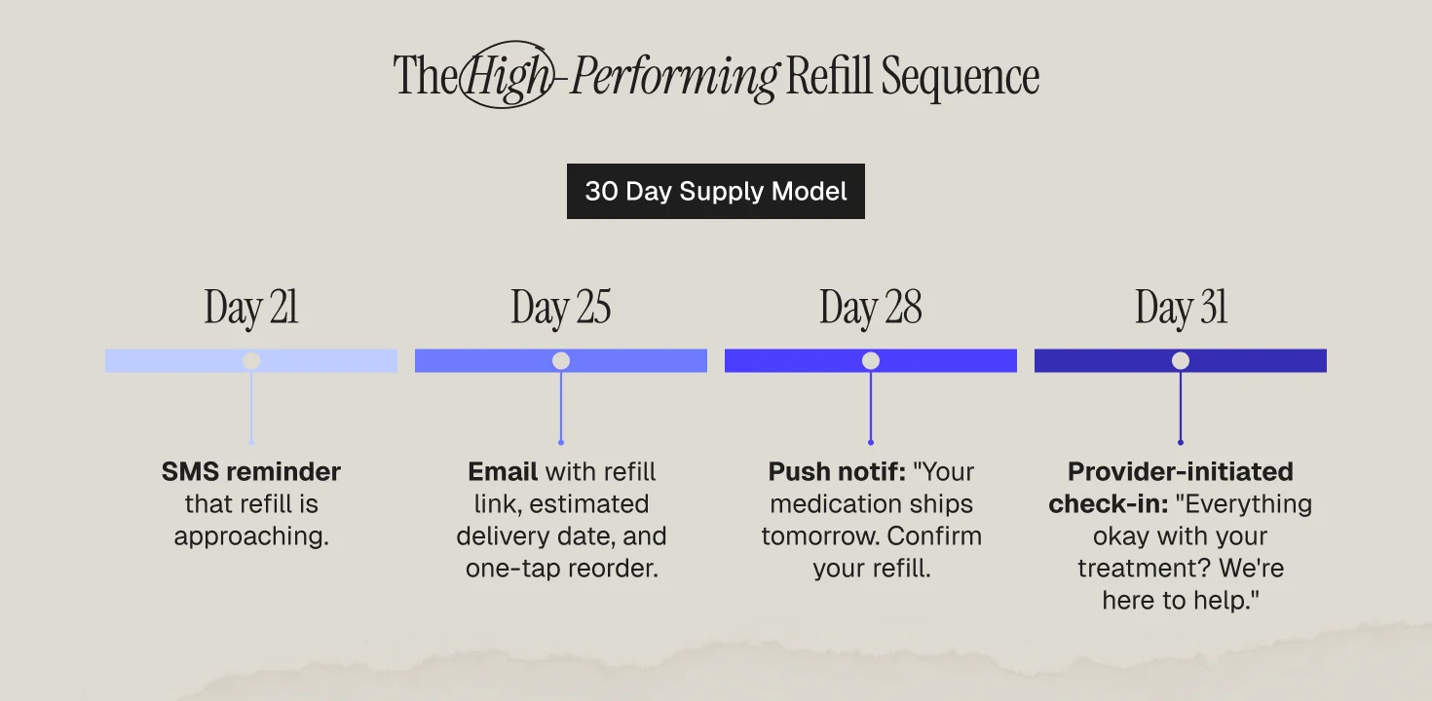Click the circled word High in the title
coord(506,76)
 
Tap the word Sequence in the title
coord(960,76)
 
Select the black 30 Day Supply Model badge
coord(715,191)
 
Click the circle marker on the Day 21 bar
coord(251,361)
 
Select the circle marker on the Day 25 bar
coord(561,361)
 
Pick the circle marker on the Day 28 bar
coord(871,361)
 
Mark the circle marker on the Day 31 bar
coord(1181,361)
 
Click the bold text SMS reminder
coord(251,472)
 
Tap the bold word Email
coord(503,472)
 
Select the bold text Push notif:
coord(837,472)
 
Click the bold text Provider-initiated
coord(1180,472)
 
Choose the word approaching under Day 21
coord(251,536)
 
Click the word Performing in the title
coord(674,76)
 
